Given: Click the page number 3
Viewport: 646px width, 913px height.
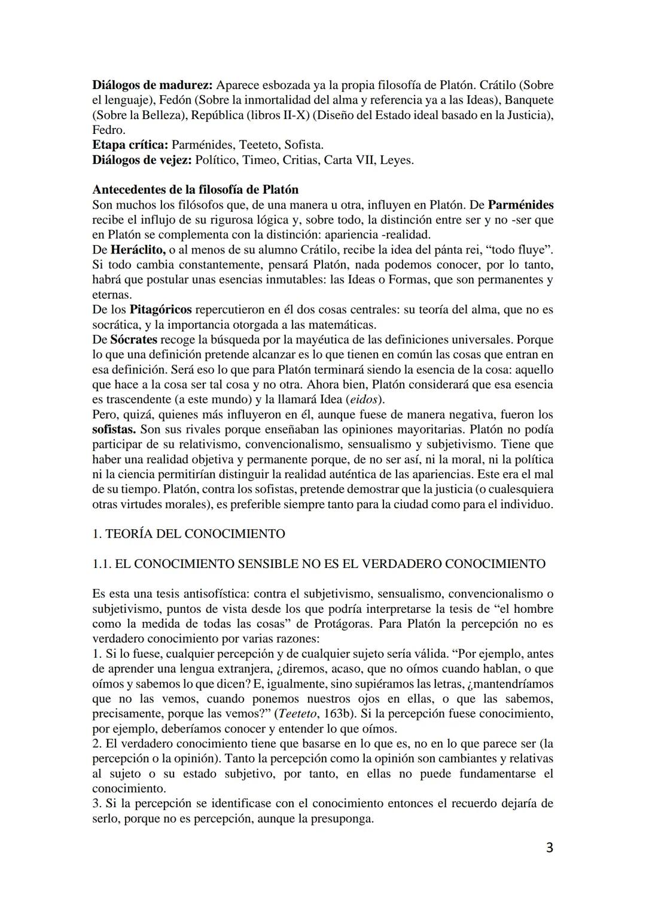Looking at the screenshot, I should (x=549, y=848).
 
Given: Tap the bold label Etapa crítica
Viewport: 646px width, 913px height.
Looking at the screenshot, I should (x=130, y=145).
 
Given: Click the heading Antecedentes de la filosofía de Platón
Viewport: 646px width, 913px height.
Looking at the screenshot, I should (x=195, y=190).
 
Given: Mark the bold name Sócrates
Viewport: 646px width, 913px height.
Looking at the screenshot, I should (x=132, y=340).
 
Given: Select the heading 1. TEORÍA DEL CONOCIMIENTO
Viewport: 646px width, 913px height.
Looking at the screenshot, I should (x=189, y=533).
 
